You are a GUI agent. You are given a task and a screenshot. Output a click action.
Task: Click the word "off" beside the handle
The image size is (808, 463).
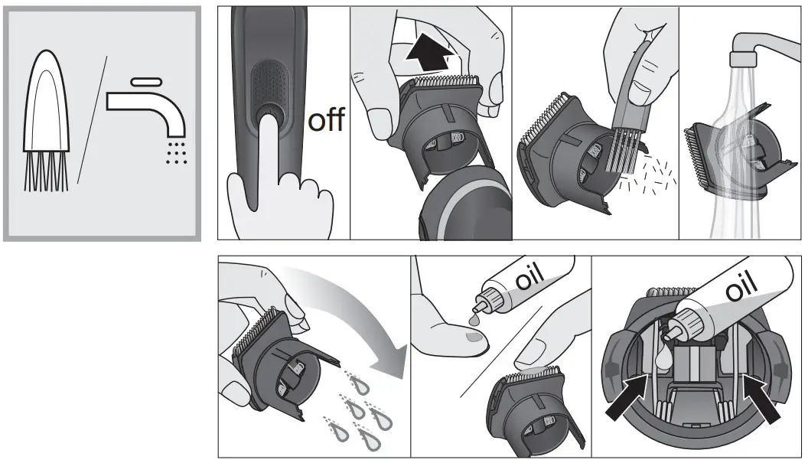click(325, 121)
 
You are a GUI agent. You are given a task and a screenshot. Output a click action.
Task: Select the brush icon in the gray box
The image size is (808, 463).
click(48, 126)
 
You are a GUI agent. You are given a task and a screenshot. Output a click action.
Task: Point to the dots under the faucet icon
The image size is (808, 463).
click(177, 152)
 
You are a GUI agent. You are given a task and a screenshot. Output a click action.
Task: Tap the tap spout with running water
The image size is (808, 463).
click(754, 54)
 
